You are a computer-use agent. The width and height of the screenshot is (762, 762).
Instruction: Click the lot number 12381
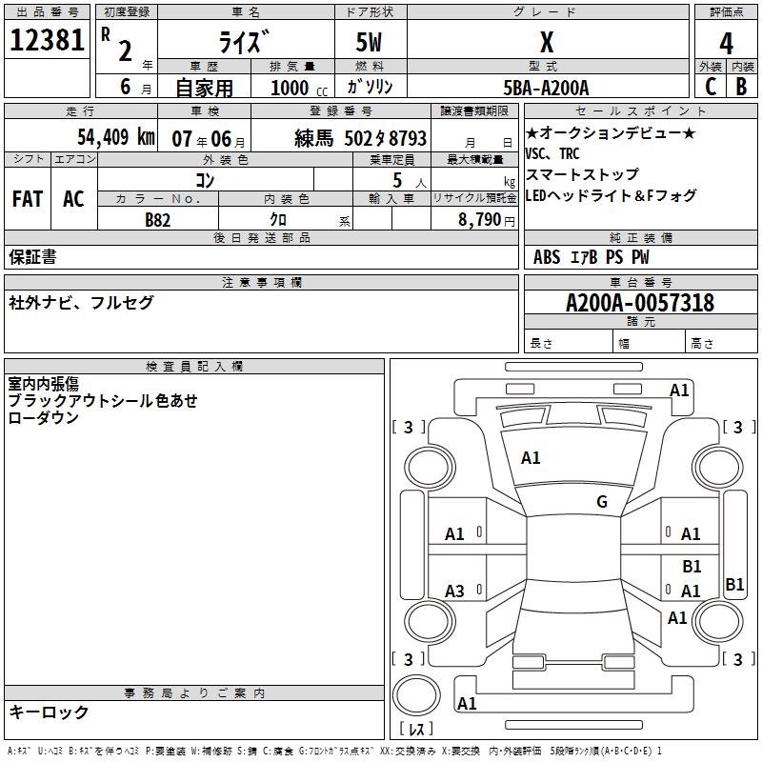coord(47,41)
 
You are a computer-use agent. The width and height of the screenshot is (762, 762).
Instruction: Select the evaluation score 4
coord(727,43)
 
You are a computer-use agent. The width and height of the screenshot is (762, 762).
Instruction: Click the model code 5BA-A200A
coord(546,88)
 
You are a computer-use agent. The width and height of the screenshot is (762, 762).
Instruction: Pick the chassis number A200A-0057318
coord(639,304)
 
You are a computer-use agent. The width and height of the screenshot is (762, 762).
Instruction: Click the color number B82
coord(158,219)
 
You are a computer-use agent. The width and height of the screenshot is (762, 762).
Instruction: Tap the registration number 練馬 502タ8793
coord(361,138)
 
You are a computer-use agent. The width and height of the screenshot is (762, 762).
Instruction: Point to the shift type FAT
coord(27,199)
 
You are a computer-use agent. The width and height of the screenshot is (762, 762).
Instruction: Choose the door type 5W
coord(370,43)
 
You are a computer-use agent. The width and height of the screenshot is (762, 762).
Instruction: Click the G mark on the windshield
coord(601,502)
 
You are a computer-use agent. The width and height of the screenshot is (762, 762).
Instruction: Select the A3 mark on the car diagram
coord(455,592)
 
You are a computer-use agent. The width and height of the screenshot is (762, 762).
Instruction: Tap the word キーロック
coord(49,712)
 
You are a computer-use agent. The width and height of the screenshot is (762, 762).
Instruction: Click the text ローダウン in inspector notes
coord(43,417)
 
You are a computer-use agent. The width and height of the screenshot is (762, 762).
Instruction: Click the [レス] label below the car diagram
coord(415,730)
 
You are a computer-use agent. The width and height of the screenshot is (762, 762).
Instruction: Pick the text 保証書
coord(32,256)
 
